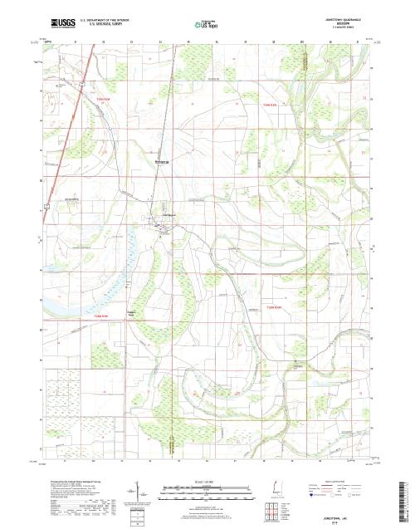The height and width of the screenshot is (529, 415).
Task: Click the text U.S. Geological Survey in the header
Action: click(100, 23)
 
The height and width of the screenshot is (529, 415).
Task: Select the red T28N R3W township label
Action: click(100, 316)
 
